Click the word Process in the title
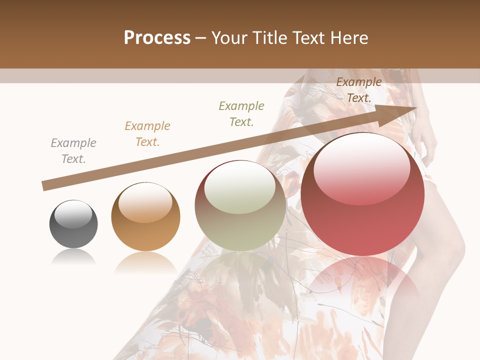[x=157, y=38]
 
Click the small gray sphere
[x=73, y=224]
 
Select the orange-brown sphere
[x=145, y=217]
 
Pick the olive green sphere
[x=240, y=206]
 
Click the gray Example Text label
[x=73, y=151]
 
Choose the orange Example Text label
[x=147, y=134]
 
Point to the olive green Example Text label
[x=241, y=114]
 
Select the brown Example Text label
[x=359, y=90]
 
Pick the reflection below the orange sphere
[x=145, y=262]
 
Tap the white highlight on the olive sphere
[x=240, y=187]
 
